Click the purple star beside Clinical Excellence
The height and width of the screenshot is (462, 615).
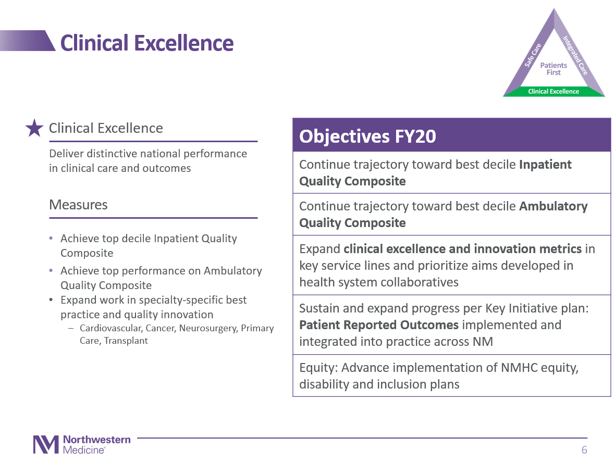(34, 128)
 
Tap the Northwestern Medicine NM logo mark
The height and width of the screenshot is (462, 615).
(46, 445)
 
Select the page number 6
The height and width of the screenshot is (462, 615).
(584, 450)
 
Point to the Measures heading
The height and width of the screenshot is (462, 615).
(79, 205)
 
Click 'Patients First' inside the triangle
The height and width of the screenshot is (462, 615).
(554, 69)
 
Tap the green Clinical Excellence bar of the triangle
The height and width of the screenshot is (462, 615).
(554, 92)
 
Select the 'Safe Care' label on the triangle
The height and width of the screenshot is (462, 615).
(533, 55)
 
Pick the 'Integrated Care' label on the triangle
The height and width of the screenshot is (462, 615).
(575, 55)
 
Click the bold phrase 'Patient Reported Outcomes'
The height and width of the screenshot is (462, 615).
(379, 325)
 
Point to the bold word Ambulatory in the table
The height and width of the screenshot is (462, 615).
(553, 206)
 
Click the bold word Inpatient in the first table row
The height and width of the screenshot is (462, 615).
(545, 165)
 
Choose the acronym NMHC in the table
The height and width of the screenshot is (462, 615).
(519, 368)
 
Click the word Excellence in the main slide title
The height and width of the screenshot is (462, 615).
(184, 43)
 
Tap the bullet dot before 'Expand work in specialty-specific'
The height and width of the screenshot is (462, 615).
(51, 300)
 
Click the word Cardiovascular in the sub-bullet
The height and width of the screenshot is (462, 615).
(110, 328)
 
